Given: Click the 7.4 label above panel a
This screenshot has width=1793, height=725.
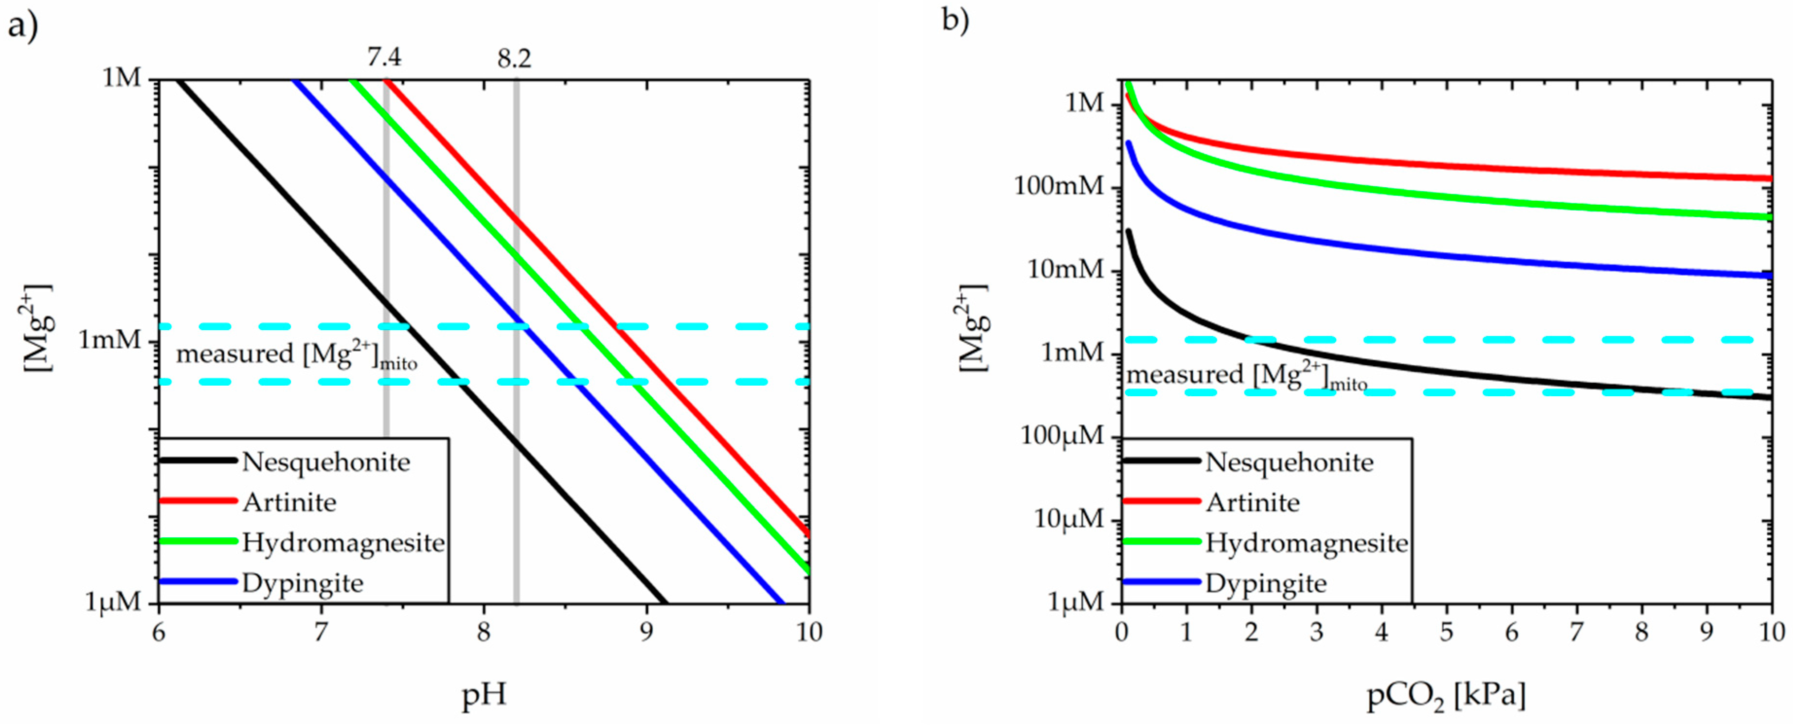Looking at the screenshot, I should (384, 57).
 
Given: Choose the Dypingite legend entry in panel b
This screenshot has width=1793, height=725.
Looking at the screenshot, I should (1265, 583).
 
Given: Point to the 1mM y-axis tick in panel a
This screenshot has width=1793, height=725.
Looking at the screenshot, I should (109, 340).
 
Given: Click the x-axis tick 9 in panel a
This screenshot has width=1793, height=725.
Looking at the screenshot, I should (646, 632).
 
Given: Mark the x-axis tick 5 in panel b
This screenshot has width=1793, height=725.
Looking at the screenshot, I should (1446, 632).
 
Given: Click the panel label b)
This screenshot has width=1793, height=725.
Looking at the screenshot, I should (955, 21).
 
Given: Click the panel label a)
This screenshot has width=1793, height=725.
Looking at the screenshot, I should (22, 28).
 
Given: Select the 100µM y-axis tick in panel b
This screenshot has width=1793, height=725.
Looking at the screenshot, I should (1062, 436).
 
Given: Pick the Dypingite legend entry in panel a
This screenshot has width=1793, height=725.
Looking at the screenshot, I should (302, 583).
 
